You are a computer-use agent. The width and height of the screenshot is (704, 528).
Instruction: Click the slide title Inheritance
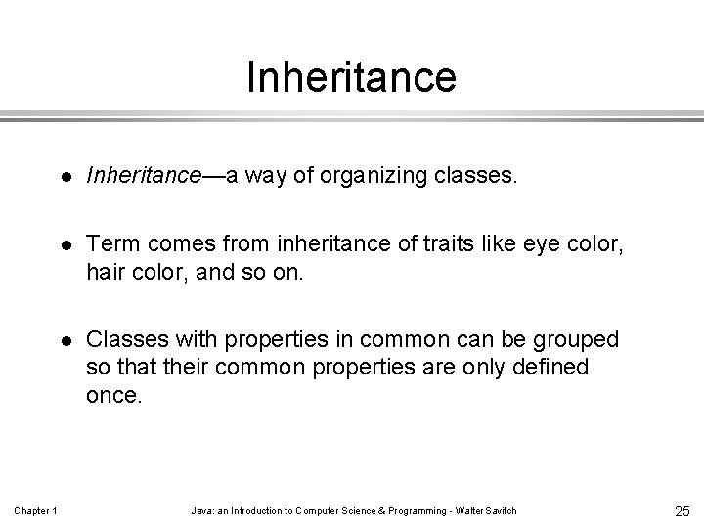click(351, 77)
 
